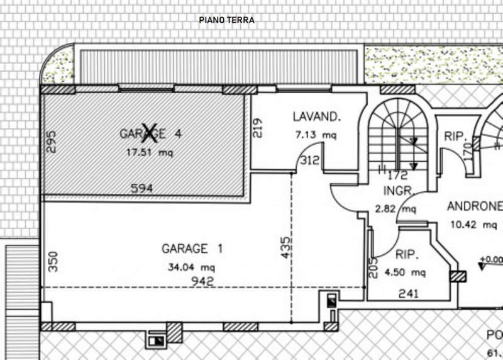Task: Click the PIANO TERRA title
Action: point(226,20)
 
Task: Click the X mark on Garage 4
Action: point(149,132)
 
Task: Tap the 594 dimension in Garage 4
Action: point(141,188)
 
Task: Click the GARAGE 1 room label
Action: point(192,248)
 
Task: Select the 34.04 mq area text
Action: point(192,266)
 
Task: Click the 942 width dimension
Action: point(204,281)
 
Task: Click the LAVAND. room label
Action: point(316,116)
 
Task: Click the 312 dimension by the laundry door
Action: point(310,160)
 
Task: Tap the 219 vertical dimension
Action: point(257,128)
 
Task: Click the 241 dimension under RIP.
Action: point(408,293)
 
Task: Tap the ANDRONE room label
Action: point(475,206)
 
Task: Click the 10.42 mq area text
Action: point(474,224)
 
